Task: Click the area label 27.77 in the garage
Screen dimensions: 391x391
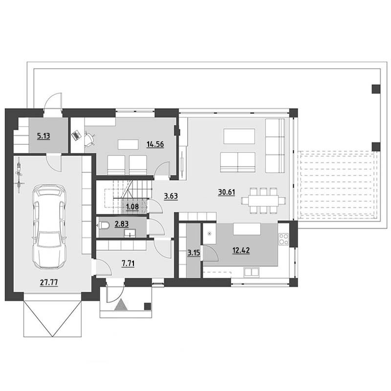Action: pyautogui.click(x=49, y=282)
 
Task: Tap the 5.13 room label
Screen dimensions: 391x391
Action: pyautogui.click(x=43, y=136)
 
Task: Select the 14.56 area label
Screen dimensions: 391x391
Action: pyautogui.click(x=155, y=144)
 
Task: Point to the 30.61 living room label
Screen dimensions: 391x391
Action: pyautogui.click(x=226, y=192)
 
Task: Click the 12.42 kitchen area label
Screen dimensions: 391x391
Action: pyautogui.click(x=241, y=250)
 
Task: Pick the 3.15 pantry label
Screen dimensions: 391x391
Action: pyautogui.click(x=194, y=253)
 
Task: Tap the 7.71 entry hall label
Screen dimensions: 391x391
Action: pyautogui.click(x=128, y=263)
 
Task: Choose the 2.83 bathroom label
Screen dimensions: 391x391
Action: pyautogui.click(x=121, y=224)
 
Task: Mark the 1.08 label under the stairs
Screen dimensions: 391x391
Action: pyautogui.click(x=132, y=207)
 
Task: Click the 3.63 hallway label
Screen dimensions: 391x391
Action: pyautogui.click(x=171, y=196)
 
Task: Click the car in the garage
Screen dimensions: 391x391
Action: pyautogui.click(x=49, y=227)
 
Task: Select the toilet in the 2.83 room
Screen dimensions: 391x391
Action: pyautogui.click(x=104, y=226)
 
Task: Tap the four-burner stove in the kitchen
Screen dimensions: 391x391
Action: pyautogui.click(x=283, y=239)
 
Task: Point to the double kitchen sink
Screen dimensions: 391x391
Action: pyautogui.click(x=251, y=272)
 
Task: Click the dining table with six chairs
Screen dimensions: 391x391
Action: pyautogui.click(x=263, y=200)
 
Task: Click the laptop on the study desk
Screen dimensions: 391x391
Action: pyautogui.click(x=76, y=135)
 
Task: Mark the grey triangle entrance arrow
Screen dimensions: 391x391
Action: pyautogui.click(x=121, y=304)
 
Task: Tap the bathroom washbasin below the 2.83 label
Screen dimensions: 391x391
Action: pyautogui.click(x=130, y=233)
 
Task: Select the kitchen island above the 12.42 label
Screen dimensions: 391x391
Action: pyautogui.click(x=247, y=229)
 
